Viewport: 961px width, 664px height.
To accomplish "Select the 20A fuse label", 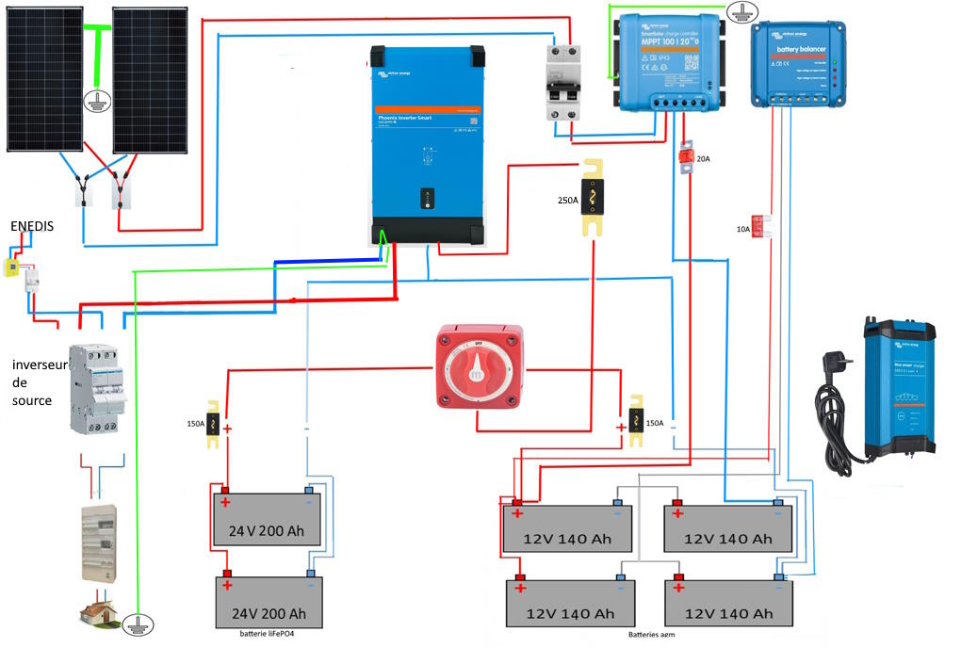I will [703, 159].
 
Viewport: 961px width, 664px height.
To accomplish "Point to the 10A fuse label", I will [743, 229].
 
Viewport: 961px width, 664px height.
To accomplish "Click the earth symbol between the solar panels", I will [94, 101].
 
